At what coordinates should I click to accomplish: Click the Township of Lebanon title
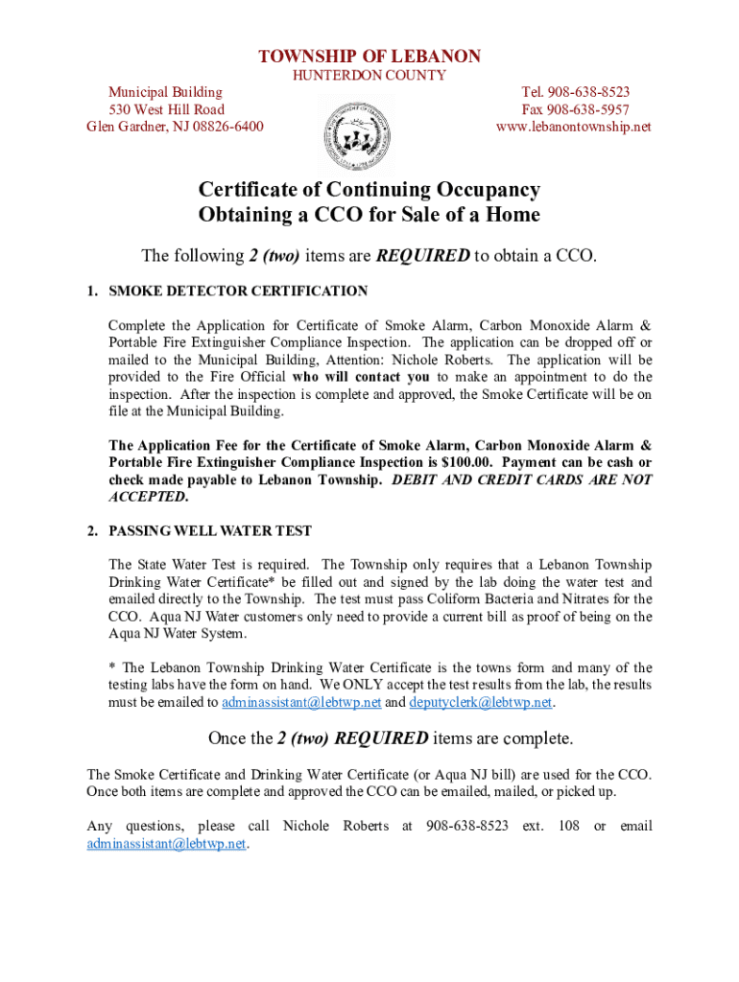click(369, 57)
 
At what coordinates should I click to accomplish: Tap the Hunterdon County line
click(369, 76)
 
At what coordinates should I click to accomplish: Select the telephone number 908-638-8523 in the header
click(589, 92)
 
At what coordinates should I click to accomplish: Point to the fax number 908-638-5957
click(588, 109)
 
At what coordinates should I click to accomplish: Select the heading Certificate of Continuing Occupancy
click(369, 190)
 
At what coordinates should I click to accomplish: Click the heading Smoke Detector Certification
click(238, 291)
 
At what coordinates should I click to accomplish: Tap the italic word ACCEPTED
click(148, 497)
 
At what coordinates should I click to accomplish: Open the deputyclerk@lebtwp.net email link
click(480, 702)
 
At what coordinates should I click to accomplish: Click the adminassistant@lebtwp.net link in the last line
click(166, 844)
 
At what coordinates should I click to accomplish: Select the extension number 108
click(568, 826)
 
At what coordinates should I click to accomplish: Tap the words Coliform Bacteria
click(469, 599)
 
